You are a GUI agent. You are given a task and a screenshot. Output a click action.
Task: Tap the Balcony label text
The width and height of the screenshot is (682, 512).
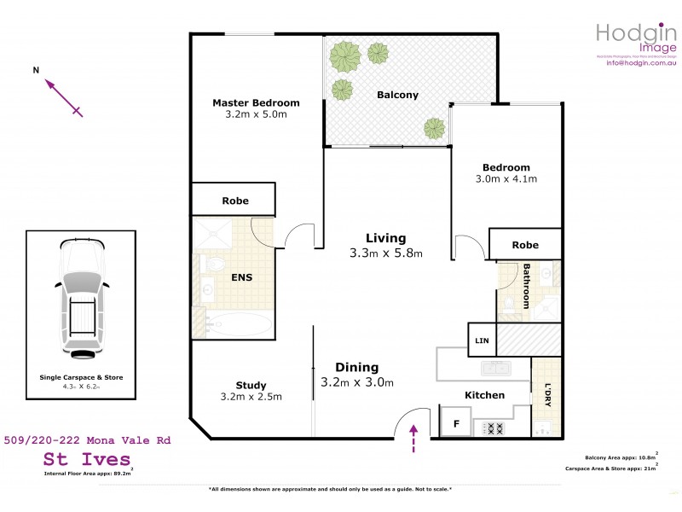pyautogui.click(x=397, y=95)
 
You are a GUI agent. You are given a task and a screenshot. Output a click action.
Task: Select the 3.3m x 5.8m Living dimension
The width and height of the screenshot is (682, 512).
pyautogui.click(x=386, y=253)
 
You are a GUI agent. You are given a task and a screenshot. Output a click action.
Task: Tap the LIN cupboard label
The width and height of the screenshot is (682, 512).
pyautogui.click(x=482, y=341)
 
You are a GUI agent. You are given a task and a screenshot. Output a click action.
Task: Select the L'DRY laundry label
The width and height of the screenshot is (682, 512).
pyautogui.click(x=548, y=393)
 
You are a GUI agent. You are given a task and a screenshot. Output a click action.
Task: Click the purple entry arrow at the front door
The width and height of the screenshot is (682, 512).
pyautogui.click(x=414, y=436)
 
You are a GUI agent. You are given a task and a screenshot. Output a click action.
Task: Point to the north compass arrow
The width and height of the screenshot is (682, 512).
pyautogui.click(x=63, y=96)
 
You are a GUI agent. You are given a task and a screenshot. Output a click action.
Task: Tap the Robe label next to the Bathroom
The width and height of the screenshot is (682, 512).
pyautogui.click(x=525, y=245)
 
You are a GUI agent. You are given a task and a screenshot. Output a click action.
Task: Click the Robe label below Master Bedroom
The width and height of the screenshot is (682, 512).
pyautogui.click(x=235, y=201)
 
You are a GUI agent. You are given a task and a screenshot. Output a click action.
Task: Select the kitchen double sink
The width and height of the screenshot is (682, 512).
pyautogui.click(x=495, y=368)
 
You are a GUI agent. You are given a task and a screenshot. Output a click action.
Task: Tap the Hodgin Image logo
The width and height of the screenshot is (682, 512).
pyautogui.click(x=635, y=38)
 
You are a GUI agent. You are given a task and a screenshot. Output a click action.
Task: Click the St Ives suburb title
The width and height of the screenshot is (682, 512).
pyautogui.click(x=88, y=459)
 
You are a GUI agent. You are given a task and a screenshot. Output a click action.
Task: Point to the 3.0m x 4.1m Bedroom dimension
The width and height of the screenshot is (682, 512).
pyautogui.click(x=506, y=179)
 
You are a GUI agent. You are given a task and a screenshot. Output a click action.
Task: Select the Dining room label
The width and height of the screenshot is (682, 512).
pyautogui.click(x=356, y=368)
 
